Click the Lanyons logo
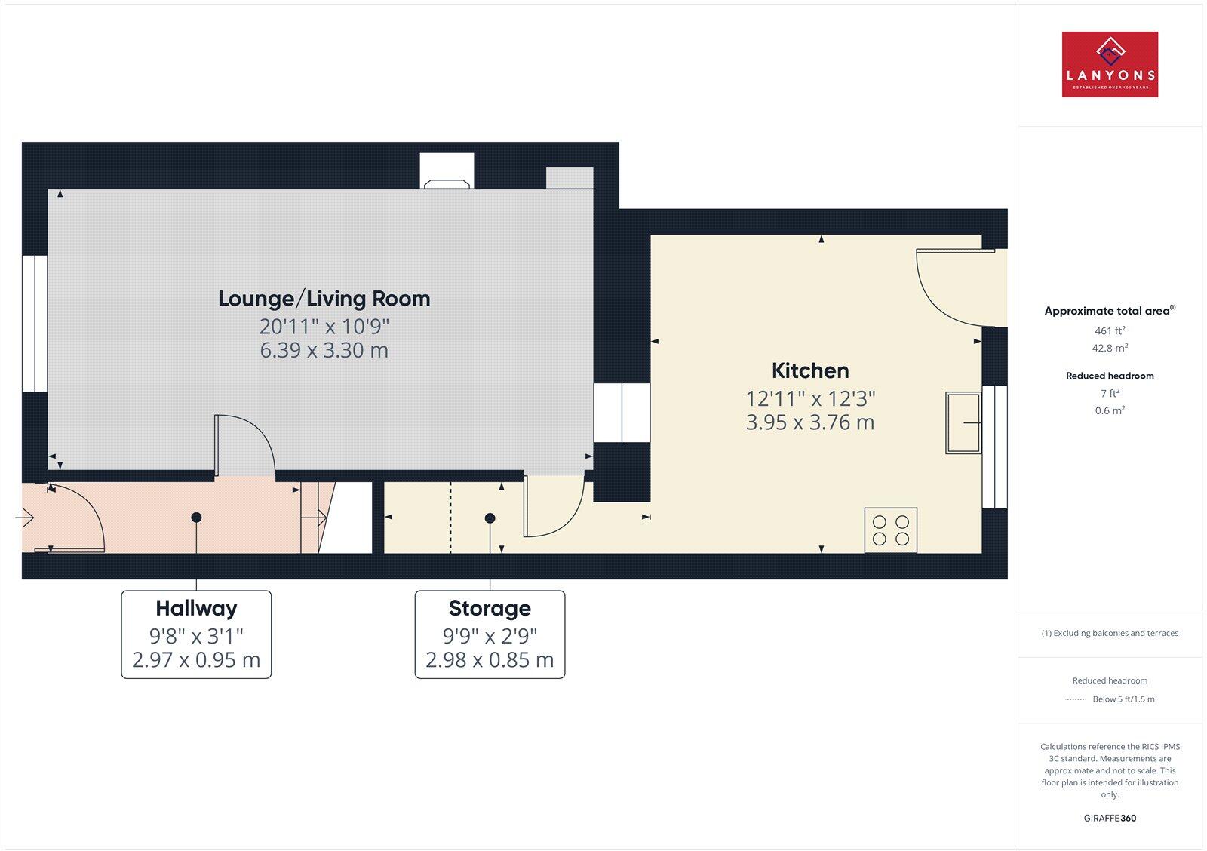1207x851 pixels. click(1110, 64)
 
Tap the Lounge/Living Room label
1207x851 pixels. click(324, 299)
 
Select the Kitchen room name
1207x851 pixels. click(810, 370)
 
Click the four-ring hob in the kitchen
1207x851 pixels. click(891, 530)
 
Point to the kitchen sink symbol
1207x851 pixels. click(963, 422)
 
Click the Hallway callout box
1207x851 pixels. click(196, 634)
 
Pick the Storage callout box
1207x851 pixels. click(490, 634)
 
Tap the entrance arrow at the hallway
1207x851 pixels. click(24, 518)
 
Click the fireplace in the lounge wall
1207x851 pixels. click(447, 172)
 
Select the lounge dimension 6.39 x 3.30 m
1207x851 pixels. click(324, 350)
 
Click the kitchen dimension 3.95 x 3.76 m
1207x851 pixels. click(810, 422)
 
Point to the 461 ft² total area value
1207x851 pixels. click(1110, 330)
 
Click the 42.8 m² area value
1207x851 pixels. click(1110, 348)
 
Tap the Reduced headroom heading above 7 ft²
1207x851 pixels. click(1110, 376)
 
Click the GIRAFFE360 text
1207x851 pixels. click(1110, 818)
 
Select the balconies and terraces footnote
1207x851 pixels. click(1110, 633)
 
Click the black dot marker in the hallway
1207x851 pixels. click(196, 518)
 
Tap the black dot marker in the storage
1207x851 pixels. click(490, 518)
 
